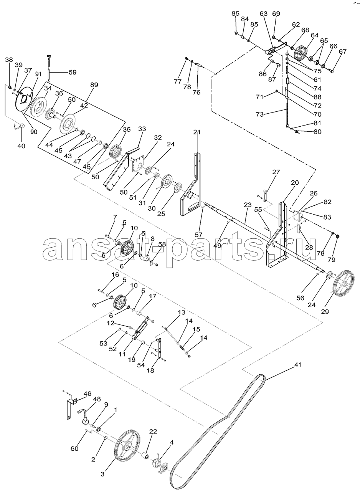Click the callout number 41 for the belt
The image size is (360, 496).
pos(298,364)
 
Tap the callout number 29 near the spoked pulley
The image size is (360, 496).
pos(325,311)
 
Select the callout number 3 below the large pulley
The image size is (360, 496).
pos(102,474)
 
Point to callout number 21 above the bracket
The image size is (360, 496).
pos(197,132)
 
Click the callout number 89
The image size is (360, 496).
pos(94,85)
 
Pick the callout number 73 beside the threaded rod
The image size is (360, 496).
pos(259,114)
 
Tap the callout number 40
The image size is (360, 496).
pos(21,146)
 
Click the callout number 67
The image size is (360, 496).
pos(342,51)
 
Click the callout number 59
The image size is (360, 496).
pos(73,72)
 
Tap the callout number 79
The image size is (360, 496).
pos(332,260)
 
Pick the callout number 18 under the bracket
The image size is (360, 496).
pos(150,370)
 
